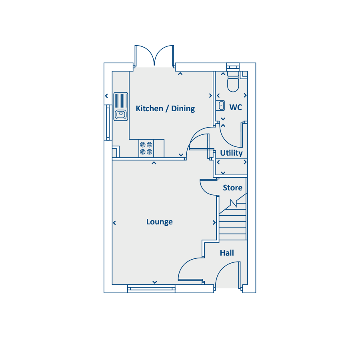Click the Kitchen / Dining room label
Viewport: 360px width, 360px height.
click(165, 108)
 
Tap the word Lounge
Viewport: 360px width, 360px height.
click(159, 222)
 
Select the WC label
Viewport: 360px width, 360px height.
click(236, 107)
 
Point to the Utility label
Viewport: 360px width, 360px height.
click(231, 153)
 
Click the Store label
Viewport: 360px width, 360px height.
click(232, 188)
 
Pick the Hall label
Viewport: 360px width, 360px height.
click(227, 253)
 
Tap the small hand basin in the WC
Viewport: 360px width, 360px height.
click(220, 105)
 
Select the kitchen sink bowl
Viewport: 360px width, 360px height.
click(120, 114)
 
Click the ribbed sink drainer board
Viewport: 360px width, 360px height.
click(120, 100)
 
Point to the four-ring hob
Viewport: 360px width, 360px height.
click(146, 148)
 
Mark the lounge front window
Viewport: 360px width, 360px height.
click(151, 288)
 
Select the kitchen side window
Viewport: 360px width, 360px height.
click(108, 122)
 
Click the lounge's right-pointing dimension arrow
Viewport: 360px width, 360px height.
click(214, 222)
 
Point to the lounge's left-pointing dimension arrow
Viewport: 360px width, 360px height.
click(114, 223)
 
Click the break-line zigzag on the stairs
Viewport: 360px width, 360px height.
click(234, 203)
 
